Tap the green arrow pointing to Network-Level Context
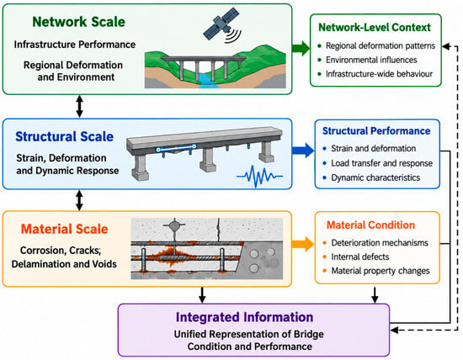pos(301,48)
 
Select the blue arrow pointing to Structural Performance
pos(303,151)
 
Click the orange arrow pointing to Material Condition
pos(303,244)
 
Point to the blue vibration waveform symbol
pos(260,176)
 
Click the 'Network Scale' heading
pos(78,22)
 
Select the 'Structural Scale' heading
pos(64,136)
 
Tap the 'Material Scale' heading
pos(64,229)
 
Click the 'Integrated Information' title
pos(244,317)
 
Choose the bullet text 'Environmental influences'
pos(371,60)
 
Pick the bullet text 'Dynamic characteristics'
pos(375,177)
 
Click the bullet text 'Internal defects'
pos(360,257)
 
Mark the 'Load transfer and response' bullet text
pos(382,163)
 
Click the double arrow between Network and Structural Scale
pos(79,106)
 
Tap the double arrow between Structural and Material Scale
pos(79,200)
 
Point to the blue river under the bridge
pos(210,81)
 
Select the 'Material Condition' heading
pos(370,225)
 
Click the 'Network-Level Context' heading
pos(375,28)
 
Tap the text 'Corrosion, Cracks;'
pos(61,250)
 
